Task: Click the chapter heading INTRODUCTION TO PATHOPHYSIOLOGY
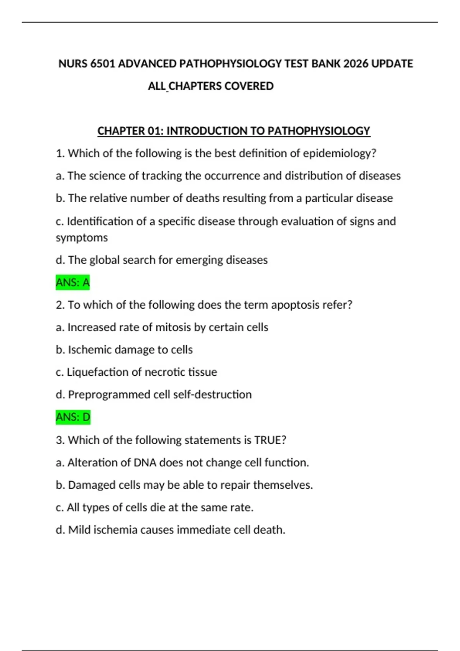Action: point(268,131)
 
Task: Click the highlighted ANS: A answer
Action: point(73,283)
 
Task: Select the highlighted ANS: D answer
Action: point(73,417)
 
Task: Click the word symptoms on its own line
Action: point(82,238)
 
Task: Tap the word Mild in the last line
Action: point(79,530)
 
